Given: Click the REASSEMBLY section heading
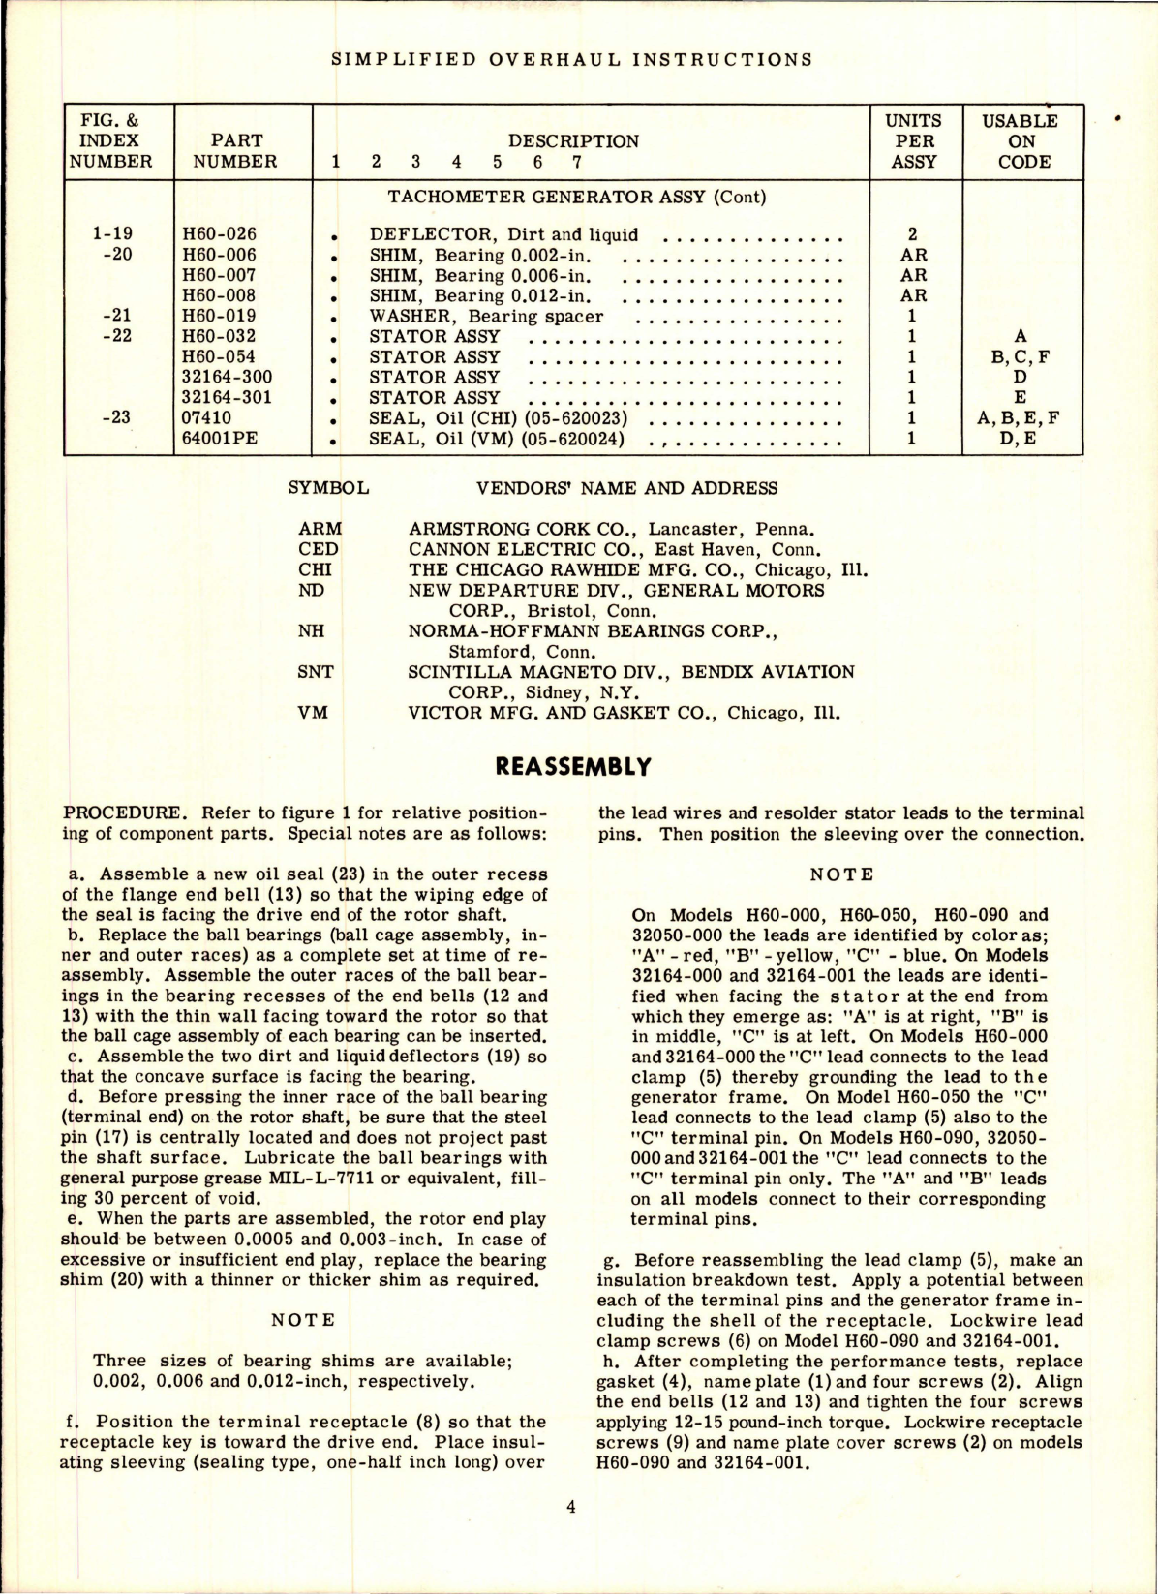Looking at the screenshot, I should [x=572, y=767].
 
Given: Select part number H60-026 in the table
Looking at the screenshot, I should [x=219, y=234].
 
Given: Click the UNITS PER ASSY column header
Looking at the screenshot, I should [x=913, y=141].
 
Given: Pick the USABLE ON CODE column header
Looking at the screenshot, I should [x=1021, y=141].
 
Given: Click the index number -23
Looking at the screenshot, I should [x=116, y=418].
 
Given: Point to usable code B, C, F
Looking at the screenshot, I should [x=1021, y=357].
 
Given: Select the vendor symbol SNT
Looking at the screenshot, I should [x=315, y=672].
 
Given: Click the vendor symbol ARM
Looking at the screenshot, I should [x=320, y=530].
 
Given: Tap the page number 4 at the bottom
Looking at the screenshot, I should [x=571, y=1507].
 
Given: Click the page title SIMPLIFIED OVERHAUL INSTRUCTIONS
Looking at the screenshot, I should [x=571, y=60].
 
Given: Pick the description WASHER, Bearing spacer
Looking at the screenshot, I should [x=486, y=317].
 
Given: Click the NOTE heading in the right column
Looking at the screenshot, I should [x=840, y=874].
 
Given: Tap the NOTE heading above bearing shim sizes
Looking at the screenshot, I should [x=302, y=1320].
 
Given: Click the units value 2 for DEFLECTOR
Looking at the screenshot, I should [x=912, y=234].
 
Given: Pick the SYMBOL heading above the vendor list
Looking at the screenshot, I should [x=328, y=488].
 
